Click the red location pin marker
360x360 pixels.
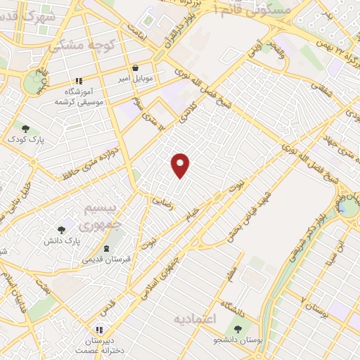[181, 165]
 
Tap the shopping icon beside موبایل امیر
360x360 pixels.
[134, 68]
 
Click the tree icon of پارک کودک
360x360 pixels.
[26, 128]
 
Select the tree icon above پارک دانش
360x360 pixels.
[61, 229]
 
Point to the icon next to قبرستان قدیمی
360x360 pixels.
[105, 249]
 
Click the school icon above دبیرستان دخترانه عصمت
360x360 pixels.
[99, 329]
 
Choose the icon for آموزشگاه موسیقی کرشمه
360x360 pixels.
[79, 81]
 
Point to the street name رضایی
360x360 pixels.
[160, 200]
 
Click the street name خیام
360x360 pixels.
[192, 214]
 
